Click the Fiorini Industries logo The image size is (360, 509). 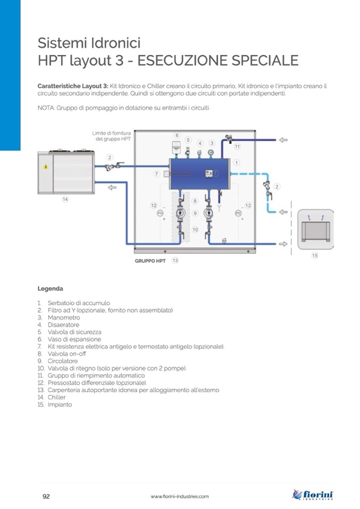(x=313, y=495)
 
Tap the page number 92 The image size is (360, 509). (x=46, y=496)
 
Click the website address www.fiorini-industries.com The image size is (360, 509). (x=179, y=496)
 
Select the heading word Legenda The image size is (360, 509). (x=50, y=289)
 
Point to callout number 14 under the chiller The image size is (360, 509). (x=65, y=200)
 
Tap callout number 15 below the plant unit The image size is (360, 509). (x=314, y=255)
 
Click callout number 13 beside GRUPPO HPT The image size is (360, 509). (x=175, y=261)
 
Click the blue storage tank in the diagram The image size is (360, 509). (x=199, y=173)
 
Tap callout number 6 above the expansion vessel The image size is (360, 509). (x=177, y=135)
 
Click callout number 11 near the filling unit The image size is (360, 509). (x=237, y=146)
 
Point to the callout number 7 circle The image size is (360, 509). (x=157, y=174)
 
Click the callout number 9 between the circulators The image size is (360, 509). (x=195, y=213)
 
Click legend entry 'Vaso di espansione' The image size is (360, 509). (x=74, y=339)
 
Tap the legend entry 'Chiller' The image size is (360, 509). (x=57, y=397)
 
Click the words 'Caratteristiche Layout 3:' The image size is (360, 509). (x=73, y=85)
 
